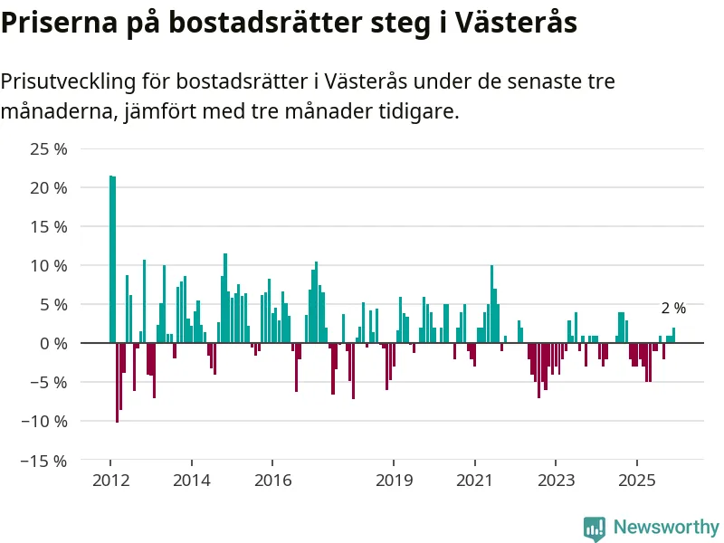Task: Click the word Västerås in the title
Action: coord(517,23)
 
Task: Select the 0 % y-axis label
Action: coord(53,344)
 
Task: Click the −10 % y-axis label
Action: coord(46,422)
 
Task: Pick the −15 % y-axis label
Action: coord(46,461)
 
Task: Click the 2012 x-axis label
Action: coord(110,480)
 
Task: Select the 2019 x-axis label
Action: coord(394,480)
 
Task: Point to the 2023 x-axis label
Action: coord(556,480)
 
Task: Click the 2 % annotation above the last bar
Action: coord(673,309)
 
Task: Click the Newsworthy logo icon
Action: coord(595,528)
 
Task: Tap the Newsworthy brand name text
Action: coord(666,527)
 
